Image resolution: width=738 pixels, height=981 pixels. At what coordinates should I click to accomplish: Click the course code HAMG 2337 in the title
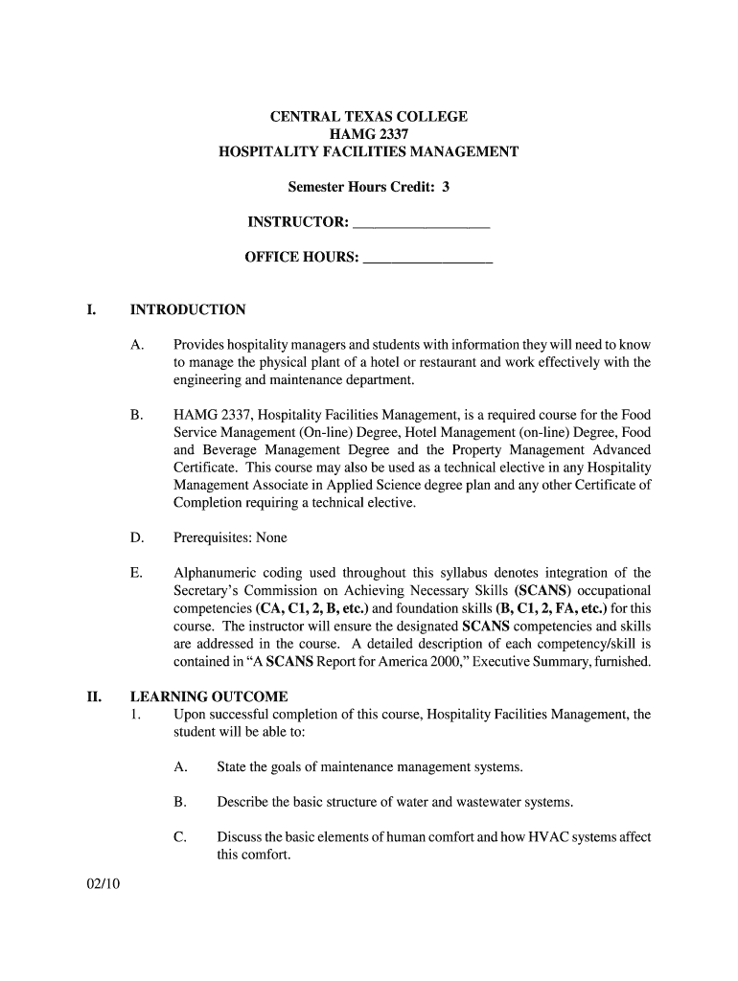click(369, 134)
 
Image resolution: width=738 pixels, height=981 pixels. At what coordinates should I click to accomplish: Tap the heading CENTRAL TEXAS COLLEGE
click(369, 117)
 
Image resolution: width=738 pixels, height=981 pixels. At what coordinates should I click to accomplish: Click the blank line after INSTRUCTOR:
click(422, 225)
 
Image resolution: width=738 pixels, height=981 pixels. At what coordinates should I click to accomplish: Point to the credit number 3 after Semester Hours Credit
click(445, 188)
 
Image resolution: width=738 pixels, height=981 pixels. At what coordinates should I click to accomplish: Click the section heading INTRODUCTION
click(188, 310)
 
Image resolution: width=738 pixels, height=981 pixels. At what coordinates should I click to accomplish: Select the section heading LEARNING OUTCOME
click(209, 697)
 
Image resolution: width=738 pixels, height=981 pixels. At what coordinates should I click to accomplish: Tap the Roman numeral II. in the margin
click(94, 697)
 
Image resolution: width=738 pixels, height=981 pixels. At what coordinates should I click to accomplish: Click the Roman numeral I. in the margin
click(91, 310)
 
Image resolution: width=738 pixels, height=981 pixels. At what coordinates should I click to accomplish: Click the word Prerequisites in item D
click(212, 538)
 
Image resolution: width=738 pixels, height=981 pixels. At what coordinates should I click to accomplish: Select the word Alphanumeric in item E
click(217, 574)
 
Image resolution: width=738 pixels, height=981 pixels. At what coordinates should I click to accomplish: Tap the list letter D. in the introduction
click(137, 538)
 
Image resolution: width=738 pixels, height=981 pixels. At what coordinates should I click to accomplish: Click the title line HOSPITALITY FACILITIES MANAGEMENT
click(369, 152)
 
